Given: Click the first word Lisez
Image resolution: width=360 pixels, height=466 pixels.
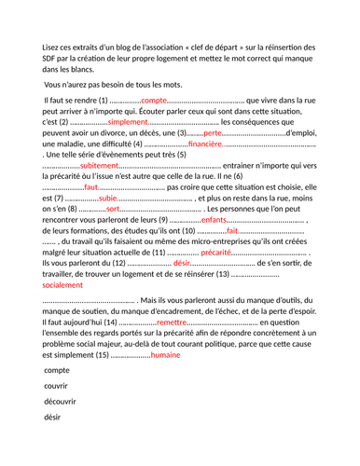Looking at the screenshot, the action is coord(53,48).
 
